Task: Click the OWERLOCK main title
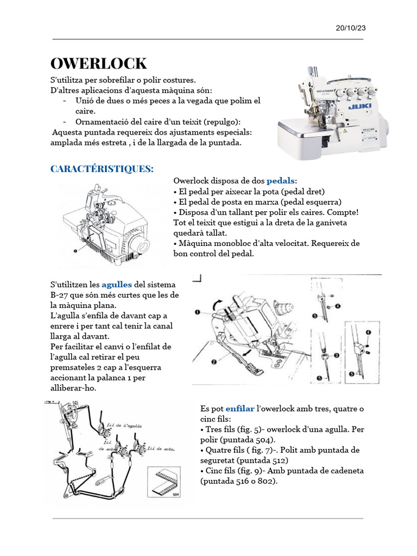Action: point(98,64)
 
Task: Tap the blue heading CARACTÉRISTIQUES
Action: point(102,169)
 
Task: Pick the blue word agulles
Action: point(117,285)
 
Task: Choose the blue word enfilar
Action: point(239,408)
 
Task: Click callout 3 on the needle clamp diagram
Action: point(337,355)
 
